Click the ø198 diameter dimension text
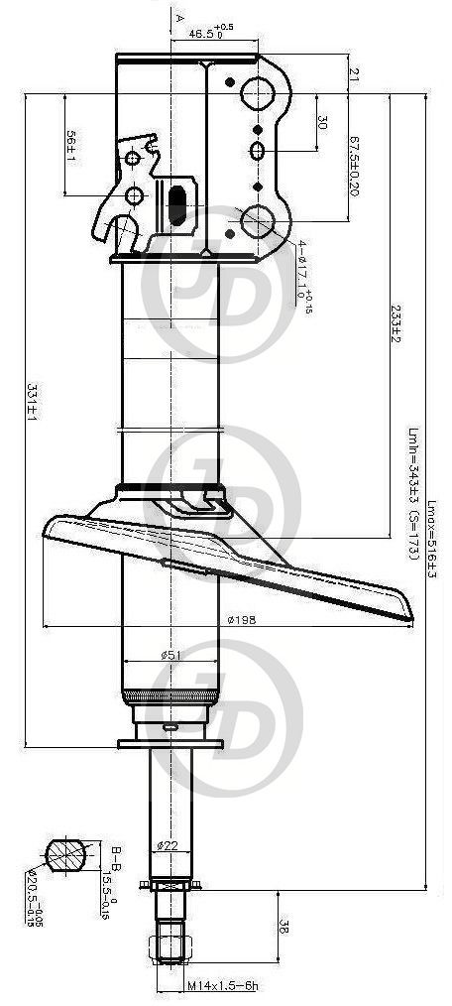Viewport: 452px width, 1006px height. click(x=242, y=620)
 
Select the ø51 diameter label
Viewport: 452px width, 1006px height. click(x=169, y=655)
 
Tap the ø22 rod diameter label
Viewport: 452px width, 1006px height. click(x=167, y=845)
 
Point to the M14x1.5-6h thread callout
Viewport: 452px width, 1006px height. click(x=222, y=988)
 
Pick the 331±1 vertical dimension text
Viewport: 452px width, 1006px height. click(x=32, y=404)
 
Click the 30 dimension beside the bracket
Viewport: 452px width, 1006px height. click(x=323, y=123)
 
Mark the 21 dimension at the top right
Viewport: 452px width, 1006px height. click(x=354, y=73)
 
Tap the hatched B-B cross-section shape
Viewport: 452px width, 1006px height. click(x=64, y=854)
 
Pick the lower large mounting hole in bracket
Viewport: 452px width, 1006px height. click(x=259, y=219)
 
